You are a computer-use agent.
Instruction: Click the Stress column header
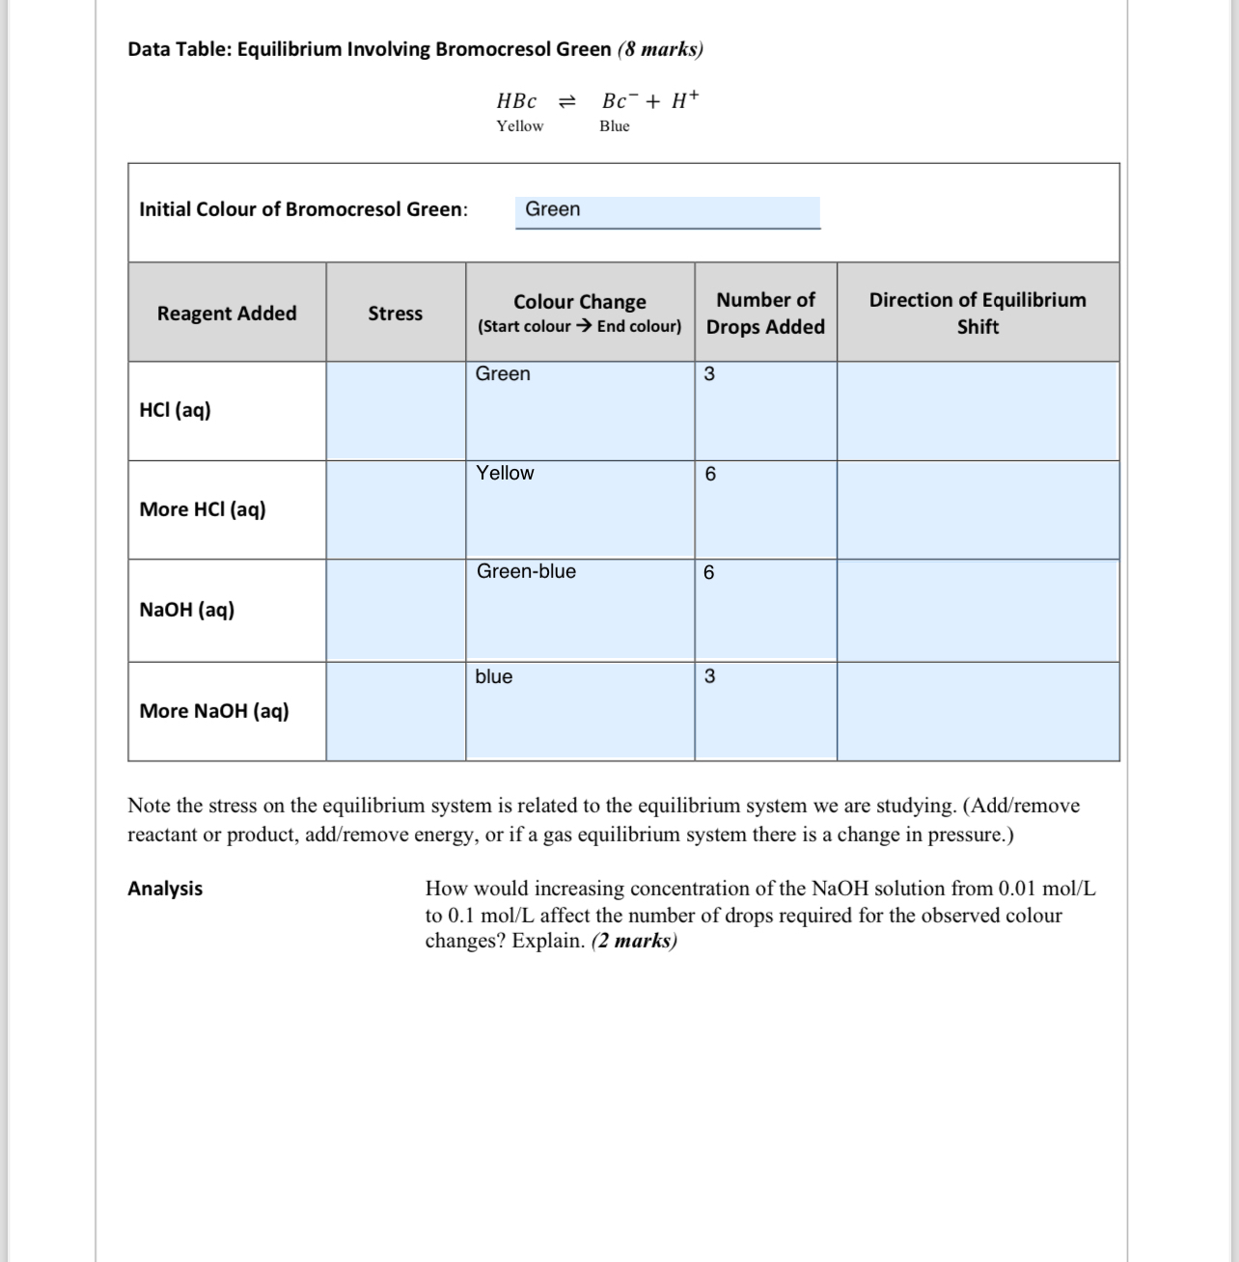click(x=395, y=314)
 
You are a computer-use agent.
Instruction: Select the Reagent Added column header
click(x=227, y=314)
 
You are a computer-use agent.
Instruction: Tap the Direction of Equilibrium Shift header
click(x=977, y=314)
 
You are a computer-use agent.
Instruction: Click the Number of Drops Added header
click(x=765, y=314)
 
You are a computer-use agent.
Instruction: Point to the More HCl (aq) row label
click(x=203, y=509)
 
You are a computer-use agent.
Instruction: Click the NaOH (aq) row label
click(x=186, y=610)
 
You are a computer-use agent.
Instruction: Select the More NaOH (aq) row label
click(x=214, y=711)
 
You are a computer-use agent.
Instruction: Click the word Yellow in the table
click(x=505, y=474)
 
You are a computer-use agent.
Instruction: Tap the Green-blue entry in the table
click(x=526, y=572)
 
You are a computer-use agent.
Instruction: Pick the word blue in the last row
click(x=493, y=677)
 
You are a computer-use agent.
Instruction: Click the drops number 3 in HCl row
click(x=709, y=374)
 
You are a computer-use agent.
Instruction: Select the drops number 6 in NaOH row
click(x=709, y=573)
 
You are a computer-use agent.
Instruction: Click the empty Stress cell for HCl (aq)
click(x=396, y=411)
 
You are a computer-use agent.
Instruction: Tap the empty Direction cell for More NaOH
click(x=977, y=712)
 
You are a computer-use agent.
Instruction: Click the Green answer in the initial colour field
click(x=553, y=209)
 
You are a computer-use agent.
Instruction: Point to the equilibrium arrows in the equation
click(x=568, y=101)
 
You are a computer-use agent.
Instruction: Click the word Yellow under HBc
click(x=519, y=126)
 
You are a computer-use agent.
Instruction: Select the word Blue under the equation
click(x=614, y=126)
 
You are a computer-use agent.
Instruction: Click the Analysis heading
click(x=165, y=889)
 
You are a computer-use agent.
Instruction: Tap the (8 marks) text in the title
click(x=660, y=49)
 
